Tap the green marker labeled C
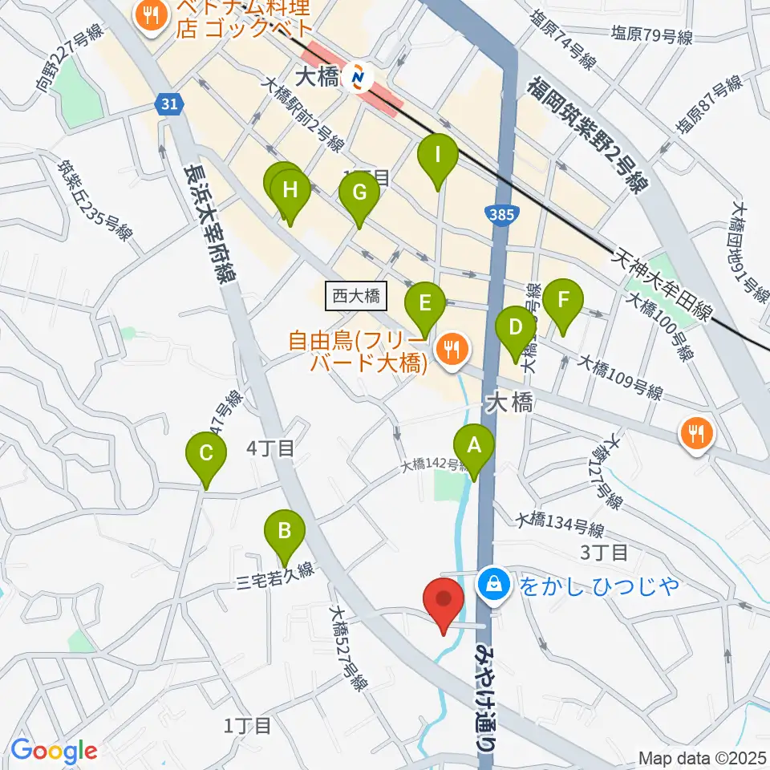coord(206,455)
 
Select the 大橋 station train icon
coord(358,78)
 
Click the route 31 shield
coord(169,103)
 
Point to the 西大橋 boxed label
coord(357,297)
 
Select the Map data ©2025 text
coord(703,758)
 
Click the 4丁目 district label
coord(271,449)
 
